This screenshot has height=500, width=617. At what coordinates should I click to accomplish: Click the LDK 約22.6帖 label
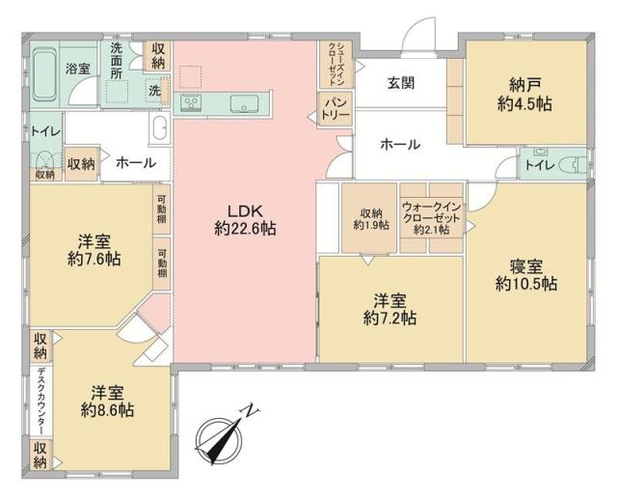(246, 219)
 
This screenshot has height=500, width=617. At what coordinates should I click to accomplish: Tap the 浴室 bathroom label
(77, 69)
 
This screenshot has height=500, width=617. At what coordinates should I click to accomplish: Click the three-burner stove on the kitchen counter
(190, 102)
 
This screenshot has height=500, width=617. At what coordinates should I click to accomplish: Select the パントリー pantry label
(334, 108)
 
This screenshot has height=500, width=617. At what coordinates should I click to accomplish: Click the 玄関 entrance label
(401, 83)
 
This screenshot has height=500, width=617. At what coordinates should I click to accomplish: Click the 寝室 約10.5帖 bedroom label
(525, 274)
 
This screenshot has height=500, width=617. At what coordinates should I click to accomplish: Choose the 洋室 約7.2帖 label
(390, 307)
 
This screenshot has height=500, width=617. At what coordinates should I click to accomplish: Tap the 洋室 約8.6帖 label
(107, 401)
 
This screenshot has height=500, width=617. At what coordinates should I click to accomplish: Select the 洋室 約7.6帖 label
(94, 248)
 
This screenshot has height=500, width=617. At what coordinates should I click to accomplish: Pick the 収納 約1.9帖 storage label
(370, 219)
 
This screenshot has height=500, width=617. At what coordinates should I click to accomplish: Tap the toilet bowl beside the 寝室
(573, 165)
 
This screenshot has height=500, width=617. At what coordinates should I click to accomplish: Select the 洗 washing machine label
(154, 90)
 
